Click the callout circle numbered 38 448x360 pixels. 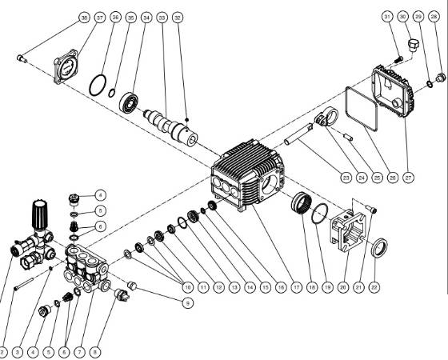point(85,17)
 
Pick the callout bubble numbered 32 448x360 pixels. point(178,17)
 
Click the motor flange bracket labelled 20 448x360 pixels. point(348,231)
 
